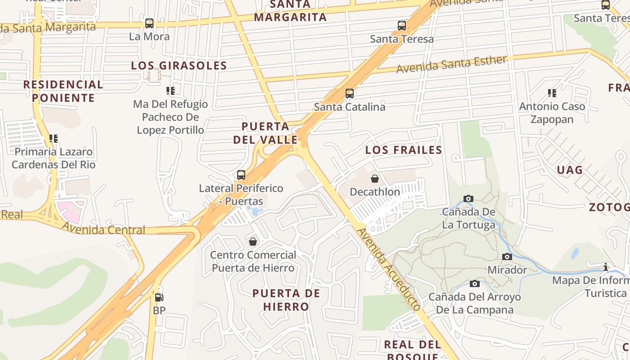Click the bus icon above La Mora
(149, 23)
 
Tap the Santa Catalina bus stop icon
(350, 94)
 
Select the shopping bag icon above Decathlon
(375, 179)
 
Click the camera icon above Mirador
(507, 256)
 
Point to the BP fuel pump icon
(159, 297)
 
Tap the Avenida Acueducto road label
(389, 270)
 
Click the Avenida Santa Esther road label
(451, 64)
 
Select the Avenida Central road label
(103, 229)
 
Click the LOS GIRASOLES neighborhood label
(179, 66)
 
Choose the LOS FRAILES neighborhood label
(404, 150)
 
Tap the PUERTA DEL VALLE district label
(265, 133)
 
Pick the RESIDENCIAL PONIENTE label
(63, 91)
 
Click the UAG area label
(570, 170)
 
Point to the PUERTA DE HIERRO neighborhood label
(286, 300)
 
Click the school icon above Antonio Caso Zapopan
(552, 93)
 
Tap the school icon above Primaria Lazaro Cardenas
(54, 139)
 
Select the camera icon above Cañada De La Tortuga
(468, 198)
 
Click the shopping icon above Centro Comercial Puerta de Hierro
(253, 242)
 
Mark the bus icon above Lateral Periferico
(241, 175)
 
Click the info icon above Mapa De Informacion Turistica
(606, 267)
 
